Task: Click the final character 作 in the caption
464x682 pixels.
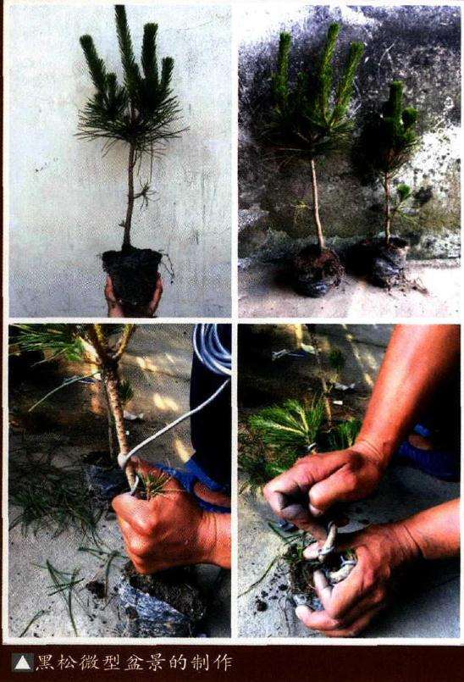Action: click(223, 663)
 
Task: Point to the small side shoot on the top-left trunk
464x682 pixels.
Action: click(143, 194)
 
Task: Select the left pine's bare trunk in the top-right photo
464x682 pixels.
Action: click(318, 203)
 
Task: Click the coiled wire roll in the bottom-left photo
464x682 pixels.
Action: click(213, 349)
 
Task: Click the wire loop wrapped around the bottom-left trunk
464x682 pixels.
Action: click(124, 460)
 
